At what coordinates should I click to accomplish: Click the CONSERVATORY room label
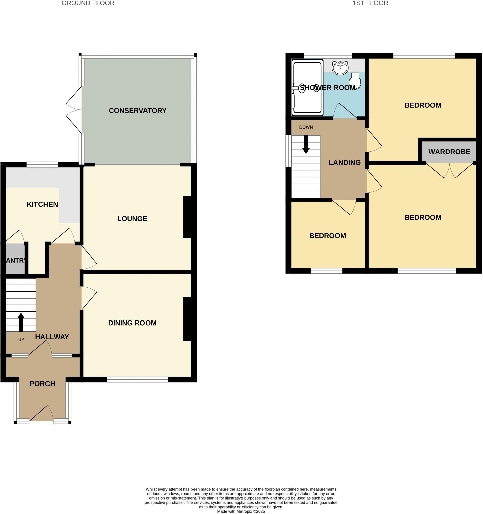tap(137, 111)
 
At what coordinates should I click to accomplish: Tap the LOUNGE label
tap(132, 219)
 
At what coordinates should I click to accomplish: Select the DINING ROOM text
tap(132, 323)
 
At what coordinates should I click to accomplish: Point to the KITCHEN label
tap(42, 204)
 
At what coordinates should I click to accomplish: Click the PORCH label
tap(42, 384)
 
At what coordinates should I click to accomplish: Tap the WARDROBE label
tap(449, 152)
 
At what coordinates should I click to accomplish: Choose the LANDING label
tap(345, 163)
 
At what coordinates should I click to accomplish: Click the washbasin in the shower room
tap(340, 68)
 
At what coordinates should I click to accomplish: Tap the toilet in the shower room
tap(355, 81)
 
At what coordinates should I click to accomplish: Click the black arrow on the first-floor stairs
tap(306, 144)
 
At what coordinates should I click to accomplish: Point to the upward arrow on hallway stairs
tap(21, 322)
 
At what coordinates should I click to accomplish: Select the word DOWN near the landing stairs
tap(306, 127)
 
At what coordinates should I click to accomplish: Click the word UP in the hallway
tap(21, 340)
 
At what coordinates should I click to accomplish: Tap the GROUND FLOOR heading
tap(88, 3)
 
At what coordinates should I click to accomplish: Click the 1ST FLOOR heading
tap(370, 3)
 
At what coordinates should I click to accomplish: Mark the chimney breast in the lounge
tap(187, 217)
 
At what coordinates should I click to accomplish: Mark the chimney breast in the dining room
tap(187, 319)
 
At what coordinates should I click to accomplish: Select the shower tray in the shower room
tap(308, 88)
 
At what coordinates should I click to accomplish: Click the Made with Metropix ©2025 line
tap(241, 511)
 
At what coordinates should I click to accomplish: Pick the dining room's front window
tap(137, 379)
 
